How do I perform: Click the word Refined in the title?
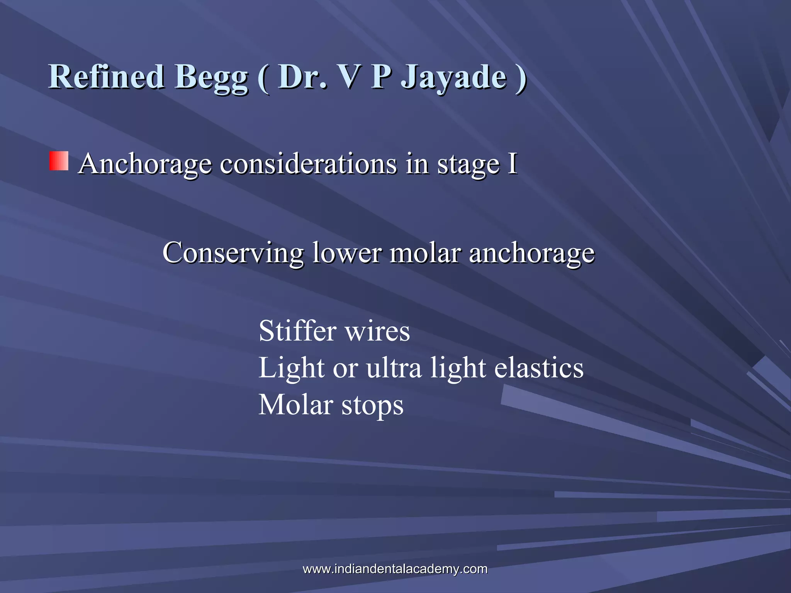tap(106, 76)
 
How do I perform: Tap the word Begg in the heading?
tap(211, 77)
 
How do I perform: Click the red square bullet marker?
tap(59, 161)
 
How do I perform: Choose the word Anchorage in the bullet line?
tap(145, 164)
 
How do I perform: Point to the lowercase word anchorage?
tap(532, 254)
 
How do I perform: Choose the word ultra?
tap(394, 368)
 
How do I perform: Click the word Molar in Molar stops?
tap(295, 405)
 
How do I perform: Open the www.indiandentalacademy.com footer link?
tap(395, 569)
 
